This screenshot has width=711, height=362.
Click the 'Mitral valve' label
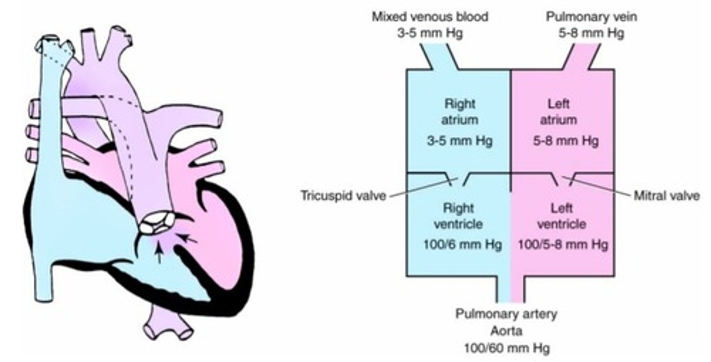tap(666, 196)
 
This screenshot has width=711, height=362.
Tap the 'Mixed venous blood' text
tap(430, 17)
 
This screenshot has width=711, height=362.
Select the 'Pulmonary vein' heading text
tap(592, 17)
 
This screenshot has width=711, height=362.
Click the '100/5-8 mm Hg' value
tap(562, 244)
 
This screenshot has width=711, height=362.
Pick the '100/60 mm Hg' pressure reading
tap(507, 348)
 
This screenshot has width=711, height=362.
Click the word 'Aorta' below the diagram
tap(506, 330)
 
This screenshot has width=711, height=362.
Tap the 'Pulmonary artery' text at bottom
tap(507, 314)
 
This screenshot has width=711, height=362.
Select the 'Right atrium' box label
tap(460, 112)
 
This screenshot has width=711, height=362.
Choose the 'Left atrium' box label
tap(562, 112)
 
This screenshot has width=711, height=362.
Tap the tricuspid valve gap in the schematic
tap(458, 180)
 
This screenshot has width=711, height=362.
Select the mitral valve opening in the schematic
tap(563, 180)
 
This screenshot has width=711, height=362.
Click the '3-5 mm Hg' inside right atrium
tap(460, 141)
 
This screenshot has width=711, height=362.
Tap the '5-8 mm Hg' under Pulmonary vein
tap(592, 34)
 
